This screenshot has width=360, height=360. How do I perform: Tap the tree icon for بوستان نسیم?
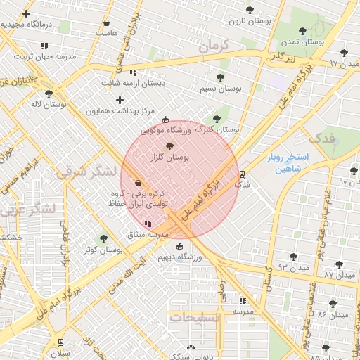[220, 77]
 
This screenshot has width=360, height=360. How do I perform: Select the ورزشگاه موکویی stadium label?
[165, 130]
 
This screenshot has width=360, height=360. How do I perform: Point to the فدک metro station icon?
[243, 174]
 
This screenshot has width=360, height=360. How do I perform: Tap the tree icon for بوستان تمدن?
[302, 31]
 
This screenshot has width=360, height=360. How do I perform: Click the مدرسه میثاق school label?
[147, 234]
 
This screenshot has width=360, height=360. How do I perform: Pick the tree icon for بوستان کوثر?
[104, 238]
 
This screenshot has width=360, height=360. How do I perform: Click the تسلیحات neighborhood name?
[195, 318]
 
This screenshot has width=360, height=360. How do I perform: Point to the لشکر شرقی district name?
[79, 174]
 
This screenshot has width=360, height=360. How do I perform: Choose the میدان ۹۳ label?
[293, 267]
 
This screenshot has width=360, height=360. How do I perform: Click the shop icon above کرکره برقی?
[137, 182]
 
